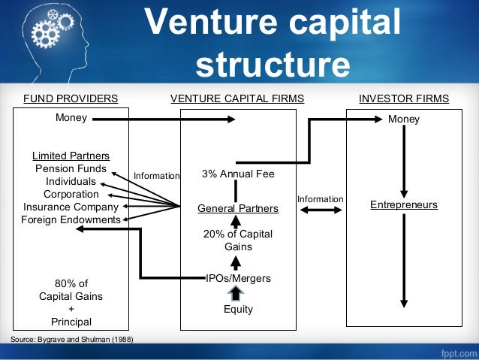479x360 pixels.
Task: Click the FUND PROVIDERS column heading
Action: coord(71,98)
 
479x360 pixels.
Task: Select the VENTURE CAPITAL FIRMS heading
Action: coord(237,98)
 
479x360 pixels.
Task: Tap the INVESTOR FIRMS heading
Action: coord(404,98)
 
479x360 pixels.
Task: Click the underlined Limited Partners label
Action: coord(71,156)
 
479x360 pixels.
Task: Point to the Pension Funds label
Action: coord(71,168)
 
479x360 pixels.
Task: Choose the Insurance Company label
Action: coord(71,207)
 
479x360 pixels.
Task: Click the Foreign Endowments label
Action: coord(71,219)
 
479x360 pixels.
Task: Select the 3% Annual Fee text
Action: coord(238,174)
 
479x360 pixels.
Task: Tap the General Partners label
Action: coord(238,208)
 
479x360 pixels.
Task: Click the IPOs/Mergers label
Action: coord(238,278)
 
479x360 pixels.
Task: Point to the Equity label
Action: coord(238,309)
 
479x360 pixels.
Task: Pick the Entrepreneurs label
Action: coord(404,204)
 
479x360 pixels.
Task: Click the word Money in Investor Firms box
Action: coord(404,119)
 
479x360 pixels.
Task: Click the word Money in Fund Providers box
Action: coord(71,118)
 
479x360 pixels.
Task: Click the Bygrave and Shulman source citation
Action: coord(72,340)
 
